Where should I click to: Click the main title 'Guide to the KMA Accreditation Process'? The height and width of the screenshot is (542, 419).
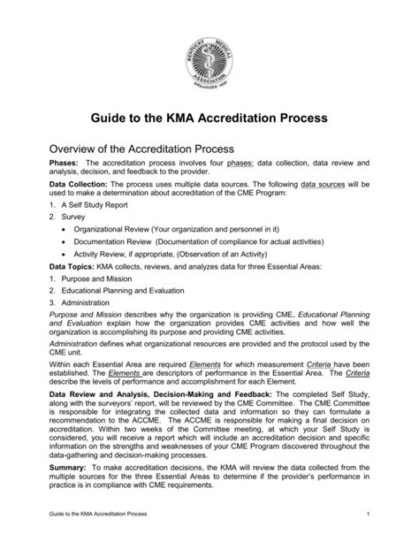pyautogui.click(x=209, y=117)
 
